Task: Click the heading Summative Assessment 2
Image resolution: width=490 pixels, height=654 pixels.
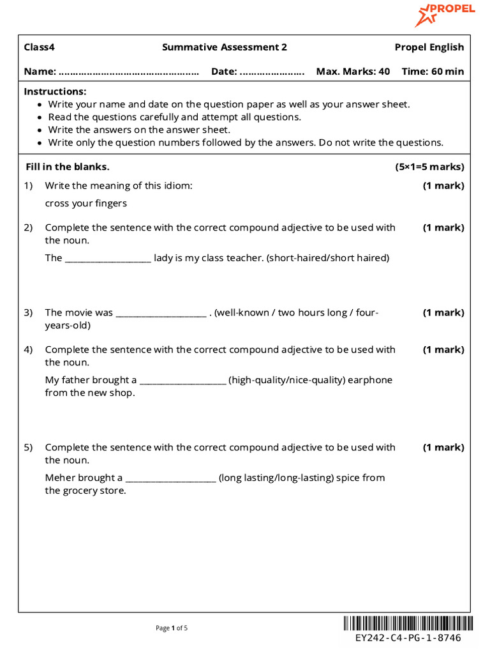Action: coord(225,47)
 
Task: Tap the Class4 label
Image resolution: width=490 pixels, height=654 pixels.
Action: coord(40,47)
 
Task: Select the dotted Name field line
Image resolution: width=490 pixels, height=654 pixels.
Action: coord(129,72)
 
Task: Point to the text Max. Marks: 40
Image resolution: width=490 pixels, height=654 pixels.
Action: coord(353,72)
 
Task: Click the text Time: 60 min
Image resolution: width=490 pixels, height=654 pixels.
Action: coord(433,72)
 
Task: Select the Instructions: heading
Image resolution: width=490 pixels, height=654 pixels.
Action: coord(56,92)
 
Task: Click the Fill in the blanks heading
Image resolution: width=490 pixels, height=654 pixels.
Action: coord(68,167)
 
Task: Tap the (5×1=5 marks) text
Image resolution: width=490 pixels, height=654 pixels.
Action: coord(429,167)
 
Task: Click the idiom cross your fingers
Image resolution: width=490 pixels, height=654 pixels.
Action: coord(85,204)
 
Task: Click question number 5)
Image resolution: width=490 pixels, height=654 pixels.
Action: coord(28,448)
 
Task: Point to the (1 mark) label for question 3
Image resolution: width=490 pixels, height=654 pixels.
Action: coord(443,313)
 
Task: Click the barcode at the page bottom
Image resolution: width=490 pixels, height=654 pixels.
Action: coord(408,623)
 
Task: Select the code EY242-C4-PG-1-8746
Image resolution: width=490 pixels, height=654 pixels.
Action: coord(408,638)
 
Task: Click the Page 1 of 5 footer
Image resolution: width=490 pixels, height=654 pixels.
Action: coord(172,628)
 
